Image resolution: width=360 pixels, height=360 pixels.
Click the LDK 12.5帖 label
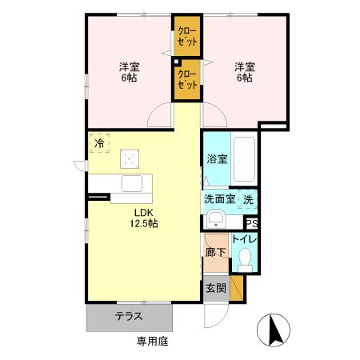(x=145, y=218)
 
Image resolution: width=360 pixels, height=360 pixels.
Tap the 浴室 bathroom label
(x=216, y=158)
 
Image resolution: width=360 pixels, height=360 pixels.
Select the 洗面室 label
(x=218, y=199)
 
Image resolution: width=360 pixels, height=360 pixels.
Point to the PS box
(x=251, y=224)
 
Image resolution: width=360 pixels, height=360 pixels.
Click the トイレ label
(x=243, y=239)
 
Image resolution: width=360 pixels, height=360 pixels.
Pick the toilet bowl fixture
(x=246, y=258)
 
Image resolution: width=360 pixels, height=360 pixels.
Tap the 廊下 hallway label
(x=214, y=250)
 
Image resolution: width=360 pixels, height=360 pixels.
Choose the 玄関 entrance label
(x=215, y=288)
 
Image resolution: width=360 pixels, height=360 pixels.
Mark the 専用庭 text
(x=152, y=342)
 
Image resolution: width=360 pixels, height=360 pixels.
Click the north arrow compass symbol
(x=274, y=330)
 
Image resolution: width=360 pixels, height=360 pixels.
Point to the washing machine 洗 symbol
(x=249, y=199)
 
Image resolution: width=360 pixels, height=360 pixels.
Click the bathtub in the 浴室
(x=245, y=159)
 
